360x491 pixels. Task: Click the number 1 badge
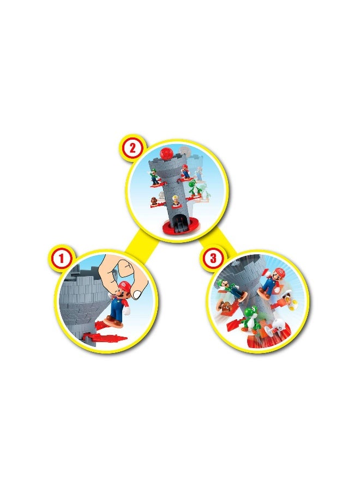point(62,259)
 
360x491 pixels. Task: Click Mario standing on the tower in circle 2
point(185,171)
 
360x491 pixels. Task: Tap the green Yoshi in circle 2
point(193,188)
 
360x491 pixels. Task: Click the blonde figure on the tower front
point(176,201)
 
